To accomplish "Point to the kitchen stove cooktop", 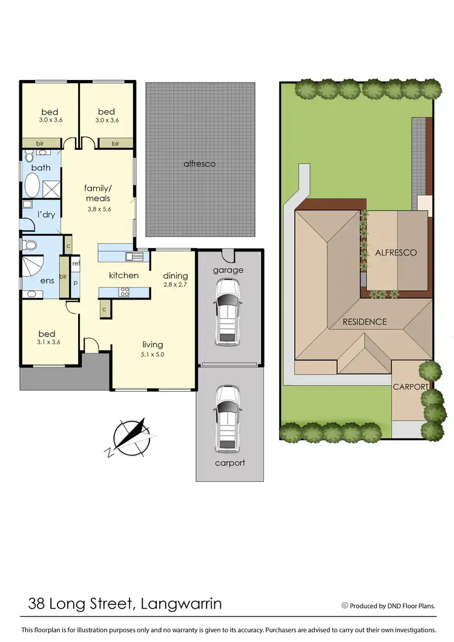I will (x=125, y=292).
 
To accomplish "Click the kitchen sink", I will (x=134, y=256).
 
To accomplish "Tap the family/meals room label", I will (x=97, y=193).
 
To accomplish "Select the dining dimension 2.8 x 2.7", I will (x=176, y=284).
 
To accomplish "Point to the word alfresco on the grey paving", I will (x=200, y=164).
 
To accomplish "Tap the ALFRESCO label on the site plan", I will (x=396, y=252).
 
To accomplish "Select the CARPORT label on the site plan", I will (x=411, y=386).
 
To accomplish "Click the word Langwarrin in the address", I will (x=181, y=604).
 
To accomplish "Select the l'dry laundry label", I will (x=47, y=215).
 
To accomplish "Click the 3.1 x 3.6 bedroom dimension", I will (x=47, y=343).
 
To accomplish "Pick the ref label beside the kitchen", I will (x=76, y=264).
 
